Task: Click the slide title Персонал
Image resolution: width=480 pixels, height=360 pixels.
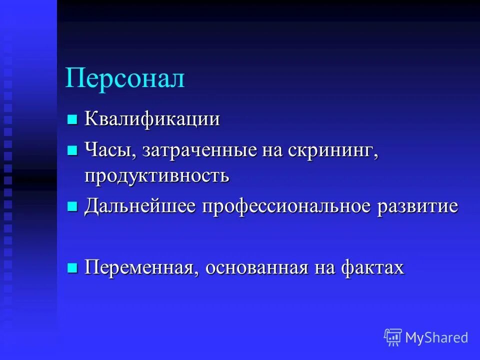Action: tap(125, 79)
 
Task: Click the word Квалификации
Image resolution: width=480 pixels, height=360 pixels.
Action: tap(152, 120)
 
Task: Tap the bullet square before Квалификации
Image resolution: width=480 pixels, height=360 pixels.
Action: tap(72, 119)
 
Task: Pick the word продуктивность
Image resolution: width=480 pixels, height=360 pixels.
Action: tap(156, 176)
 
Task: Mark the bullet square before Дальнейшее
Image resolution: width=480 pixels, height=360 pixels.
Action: tap(72, 206)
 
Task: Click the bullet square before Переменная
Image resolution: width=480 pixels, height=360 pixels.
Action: tap(72, 267)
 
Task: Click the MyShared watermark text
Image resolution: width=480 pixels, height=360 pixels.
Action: tap(436, 337)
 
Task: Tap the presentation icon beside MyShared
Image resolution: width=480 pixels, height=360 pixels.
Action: tap(393, 337)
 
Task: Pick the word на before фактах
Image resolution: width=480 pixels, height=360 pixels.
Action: tap(324, 268)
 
